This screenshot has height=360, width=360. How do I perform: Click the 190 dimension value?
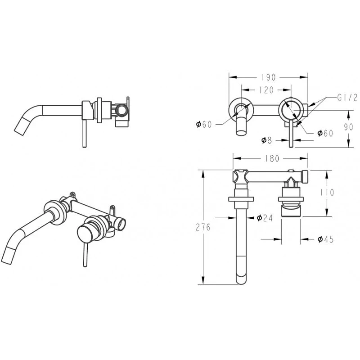[268, 77]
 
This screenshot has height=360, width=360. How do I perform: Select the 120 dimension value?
[266, 90]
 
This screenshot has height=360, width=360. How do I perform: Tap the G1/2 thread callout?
[347, 98]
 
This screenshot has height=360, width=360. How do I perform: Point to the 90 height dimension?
[348, 127]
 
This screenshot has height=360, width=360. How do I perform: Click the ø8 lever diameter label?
[266, 140]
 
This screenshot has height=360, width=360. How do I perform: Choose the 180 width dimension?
[272, 158]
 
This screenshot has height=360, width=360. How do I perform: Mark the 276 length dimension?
[203, 227]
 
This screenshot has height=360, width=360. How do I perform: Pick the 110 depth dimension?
[328, 193]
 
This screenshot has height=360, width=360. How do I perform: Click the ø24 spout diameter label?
[265, 218]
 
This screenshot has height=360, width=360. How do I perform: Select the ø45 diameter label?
[325, 239]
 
